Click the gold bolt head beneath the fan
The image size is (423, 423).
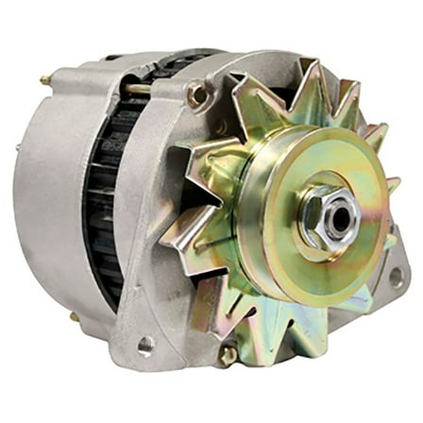click(x=228, y=354)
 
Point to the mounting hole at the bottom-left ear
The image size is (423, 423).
click(x=146, y=345)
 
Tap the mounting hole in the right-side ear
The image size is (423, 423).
click(x=395, y=277)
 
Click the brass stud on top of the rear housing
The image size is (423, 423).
click(x=43, y=81)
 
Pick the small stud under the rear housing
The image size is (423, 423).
click(x=74, y=316)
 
